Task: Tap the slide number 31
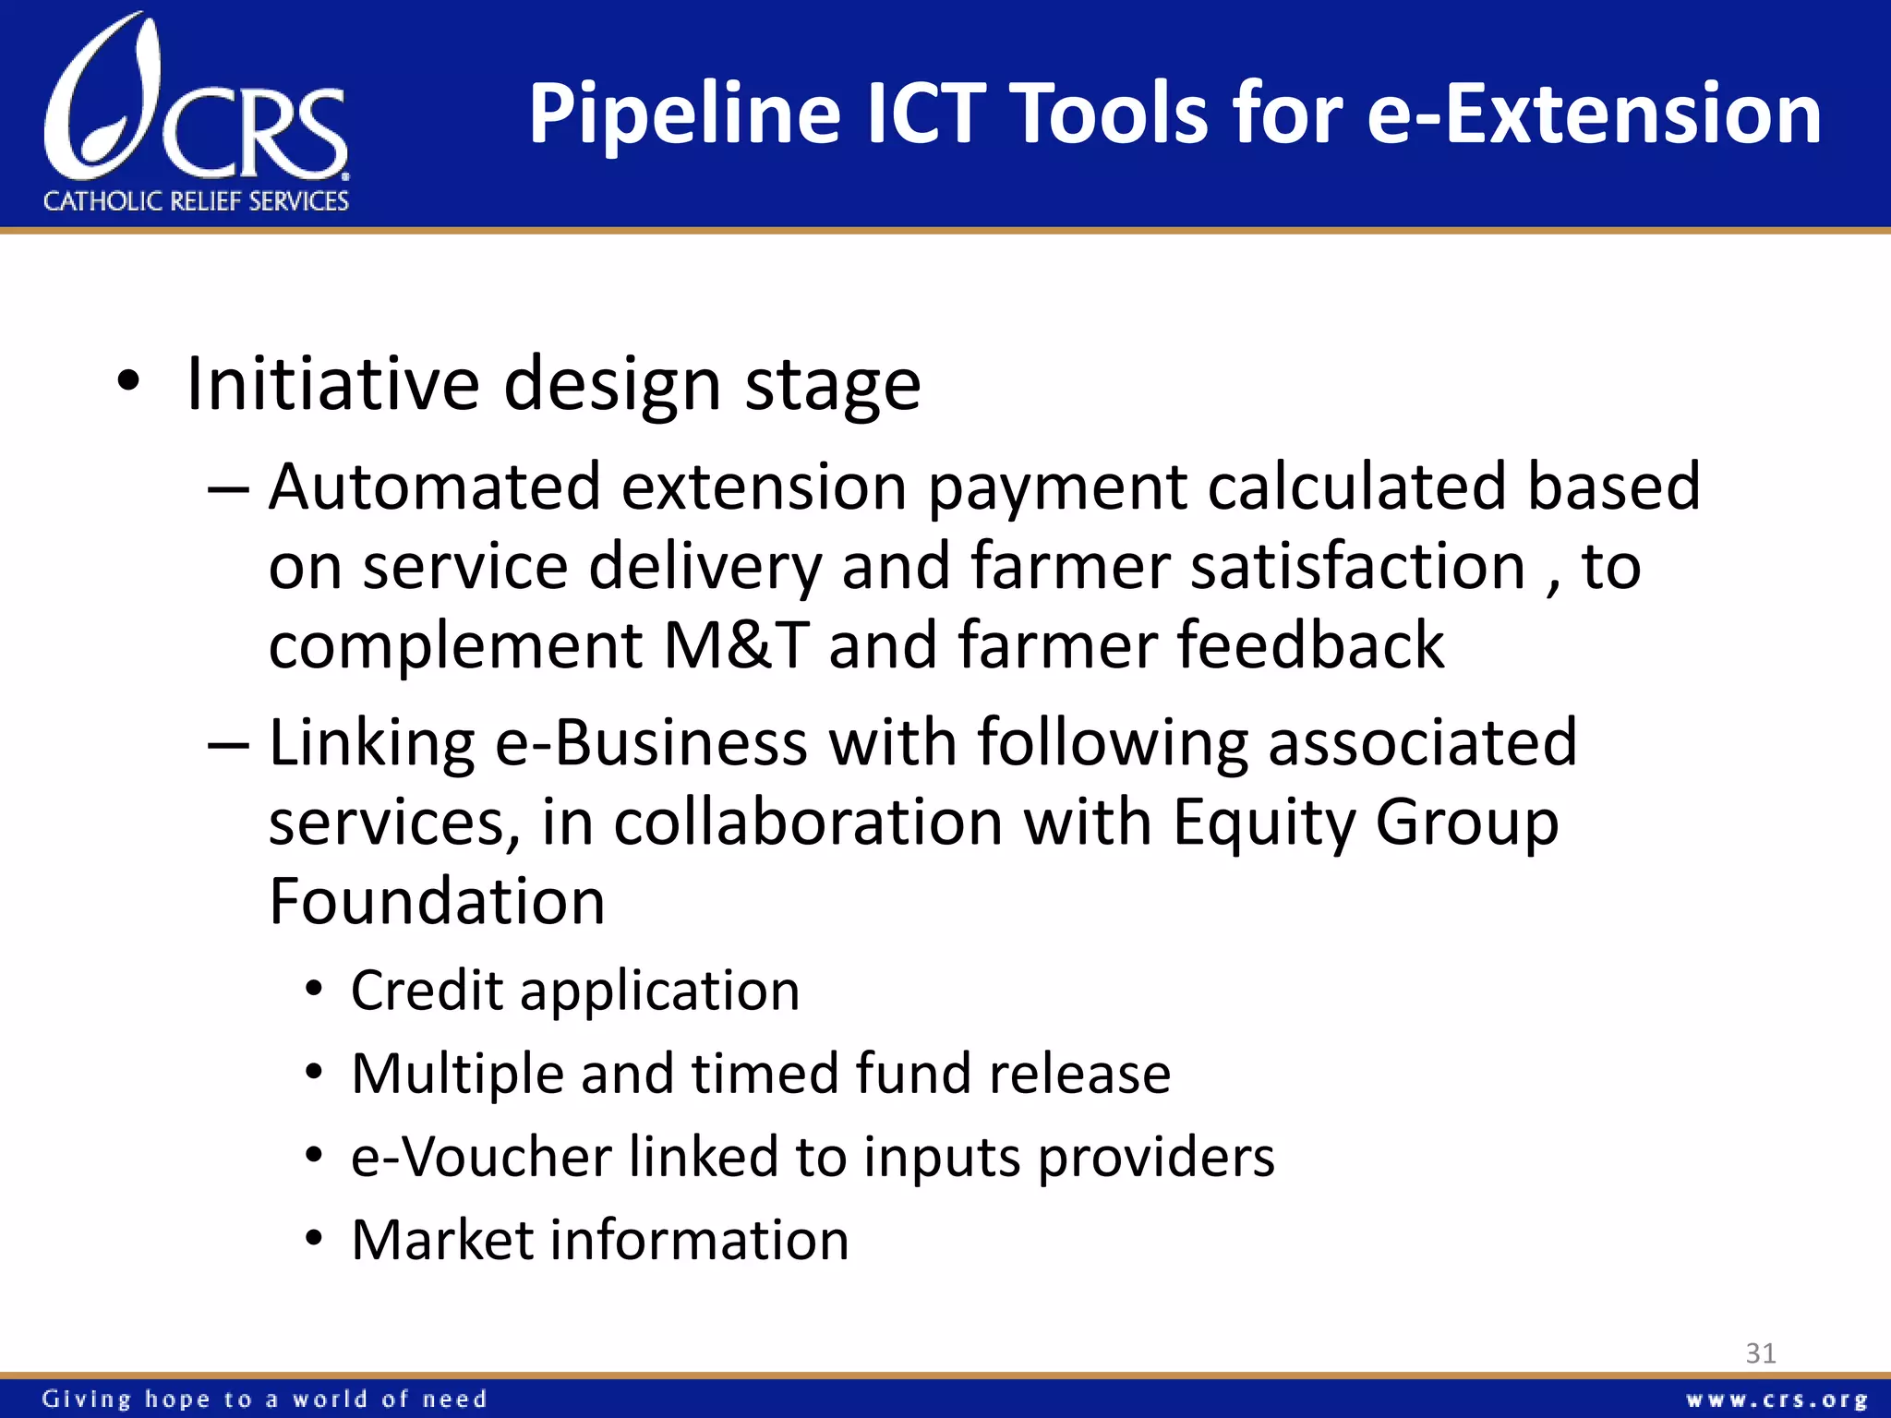(1760, 1353)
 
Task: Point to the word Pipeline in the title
(684, 114)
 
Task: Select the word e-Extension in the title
(1594, 114)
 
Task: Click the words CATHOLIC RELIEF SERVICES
(196, 201)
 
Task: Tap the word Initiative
(333, 384)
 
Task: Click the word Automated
(434, 487)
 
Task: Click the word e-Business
(651, 742)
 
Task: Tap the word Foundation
(437, 902)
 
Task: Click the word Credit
(427, 991)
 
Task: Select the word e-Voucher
(481, 1157)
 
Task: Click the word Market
(440, 1240)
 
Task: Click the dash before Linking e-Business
(228, 744)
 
